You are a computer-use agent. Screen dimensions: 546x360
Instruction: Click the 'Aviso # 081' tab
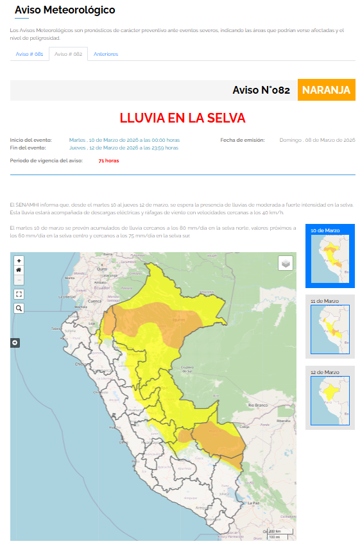point(30,54)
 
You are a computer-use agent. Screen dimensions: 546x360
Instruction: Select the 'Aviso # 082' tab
point(68,54)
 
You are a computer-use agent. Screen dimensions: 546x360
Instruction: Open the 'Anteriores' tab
point(106,54)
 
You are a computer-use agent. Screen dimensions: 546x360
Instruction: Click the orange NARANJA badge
point(326,90)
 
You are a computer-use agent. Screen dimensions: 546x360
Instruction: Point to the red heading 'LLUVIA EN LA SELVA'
point(182,119)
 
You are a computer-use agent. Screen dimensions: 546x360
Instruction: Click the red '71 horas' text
point(108,160)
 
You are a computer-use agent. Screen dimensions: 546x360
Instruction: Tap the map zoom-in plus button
point(19,261)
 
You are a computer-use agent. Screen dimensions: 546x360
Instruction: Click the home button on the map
point(19,270)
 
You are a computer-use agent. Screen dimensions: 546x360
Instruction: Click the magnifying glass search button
point(19,308)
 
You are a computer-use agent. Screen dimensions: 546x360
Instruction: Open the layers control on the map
point(286,263)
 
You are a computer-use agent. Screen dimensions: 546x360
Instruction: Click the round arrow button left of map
point(15,343)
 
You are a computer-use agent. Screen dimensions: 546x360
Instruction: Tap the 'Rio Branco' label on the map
point(258,405)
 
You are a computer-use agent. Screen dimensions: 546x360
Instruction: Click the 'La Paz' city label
point(253,503)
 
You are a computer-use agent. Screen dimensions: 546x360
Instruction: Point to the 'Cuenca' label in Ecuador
point(95,300)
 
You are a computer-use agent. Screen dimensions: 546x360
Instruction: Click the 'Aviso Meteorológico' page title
point(65,10)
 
